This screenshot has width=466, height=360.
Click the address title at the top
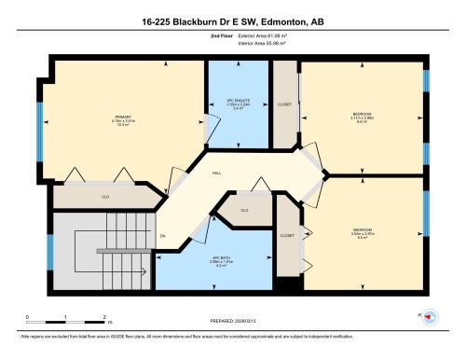point(233,19)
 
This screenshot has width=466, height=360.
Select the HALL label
point(215,173)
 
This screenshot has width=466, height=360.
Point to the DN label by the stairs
point(161,236)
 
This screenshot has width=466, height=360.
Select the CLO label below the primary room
point(105,198)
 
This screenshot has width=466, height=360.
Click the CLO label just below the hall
point(244,211)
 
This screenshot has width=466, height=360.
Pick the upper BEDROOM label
point(363,113)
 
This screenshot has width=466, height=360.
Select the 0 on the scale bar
point(28,316)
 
